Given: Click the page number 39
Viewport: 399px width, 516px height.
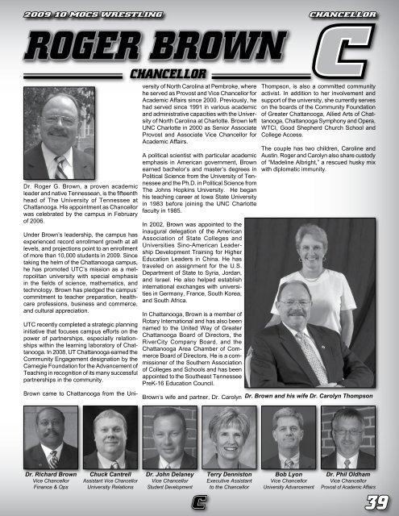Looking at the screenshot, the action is tap(376, 503).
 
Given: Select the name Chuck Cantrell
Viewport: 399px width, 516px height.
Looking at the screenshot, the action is tap(106, 467).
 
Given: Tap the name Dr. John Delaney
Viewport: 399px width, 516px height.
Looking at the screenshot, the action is tap(168, 467).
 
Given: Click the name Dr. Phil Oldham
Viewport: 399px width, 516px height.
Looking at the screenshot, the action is tap(349, 467).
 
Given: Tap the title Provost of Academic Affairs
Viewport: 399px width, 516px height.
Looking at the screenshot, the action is tap(349, 487).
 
